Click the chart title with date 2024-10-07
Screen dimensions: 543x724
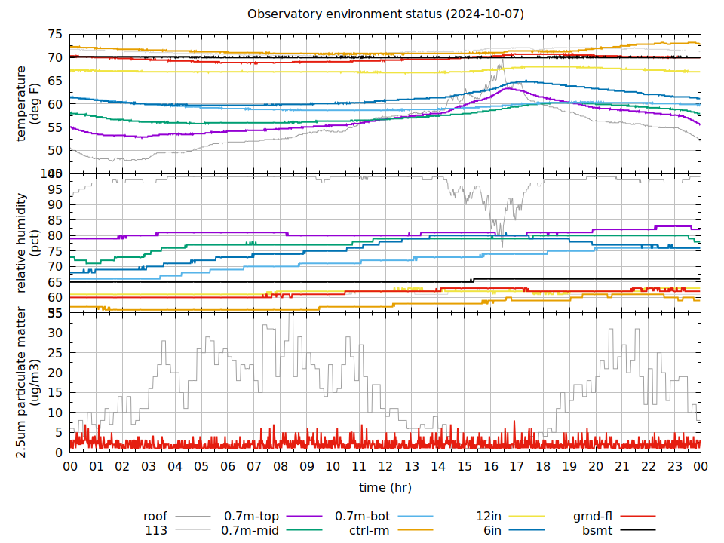click(x=385, y=14)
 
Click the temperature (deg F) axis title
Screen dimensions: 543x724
click(x=28, y=103)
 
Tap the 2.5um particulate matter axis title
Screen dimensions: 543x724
click(x=28, y=382)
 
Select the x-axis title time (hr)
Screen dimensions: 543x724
click(x=385, y=488)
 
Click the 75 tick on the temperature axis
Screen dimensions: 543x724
click(x=55, y=35)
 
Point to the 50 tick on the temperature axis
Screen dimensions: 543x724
click(x=55, y=150)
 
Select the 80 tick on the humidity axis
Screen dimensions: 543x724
click(x=55, y=235)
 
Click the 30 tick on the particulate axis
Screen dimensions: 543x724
click(x=55, y=333)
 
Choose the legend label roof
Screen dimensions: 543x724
click(x=155, y=517)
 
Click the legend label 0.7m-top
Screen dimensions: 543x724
click(x=252, y=517)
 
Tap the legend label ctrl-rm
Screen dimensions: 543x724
click(x=370, y=531)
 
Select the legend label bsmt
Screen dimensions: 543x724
click(x=597, y=531)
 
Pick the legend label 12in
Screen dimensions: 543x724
click(x=489, y=517)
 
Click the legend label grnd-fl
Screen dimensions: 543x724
click(x=593, y=517)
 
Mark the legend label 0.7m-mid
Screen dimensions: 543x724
click(x=250, y=531)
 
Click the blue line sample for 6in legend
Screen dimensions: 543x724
click(x=526, y=531)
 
